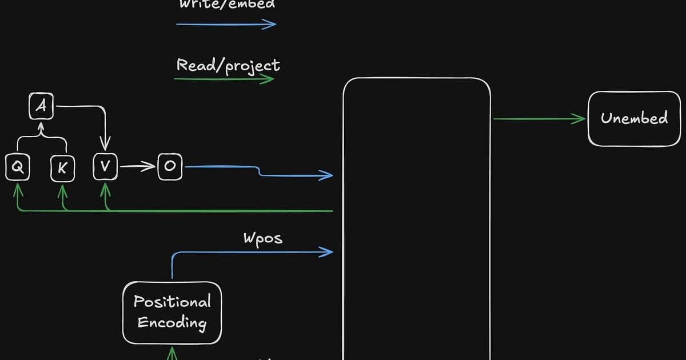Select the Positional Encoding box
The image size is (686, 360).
click(x=172, y=312)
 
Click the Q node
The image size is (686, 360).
click(x=17, y=167)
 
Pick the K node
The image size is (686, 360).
click(x=62, y=167)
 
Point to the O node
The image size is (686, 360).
click(x=170, y=167)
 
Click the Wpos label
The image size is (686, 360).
click(x=263, y=238)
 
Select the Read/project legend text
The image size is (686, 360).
click(x=228, y=65)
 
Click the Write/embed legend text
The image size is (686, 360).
click(x=227, y=5)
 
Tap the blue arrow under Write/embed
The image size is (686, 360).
click(x=226, y=24)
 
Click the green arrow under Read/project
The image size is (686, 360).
click(x=224, y=79)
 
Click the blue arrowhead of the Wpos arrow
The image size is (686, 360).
click(x=328, y=251)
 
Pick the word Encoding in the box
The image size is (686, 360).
click(x=172, y=322)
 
